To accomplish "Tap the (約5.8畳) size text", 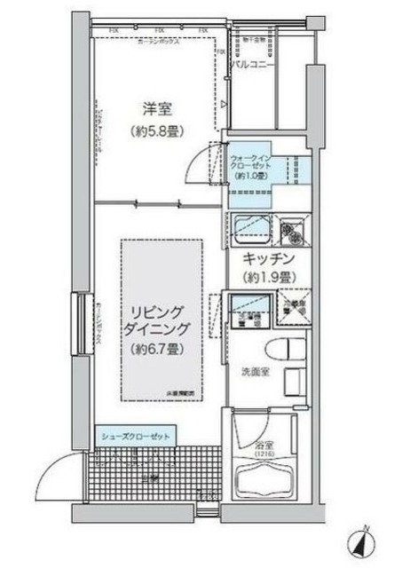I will point(159,131).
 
